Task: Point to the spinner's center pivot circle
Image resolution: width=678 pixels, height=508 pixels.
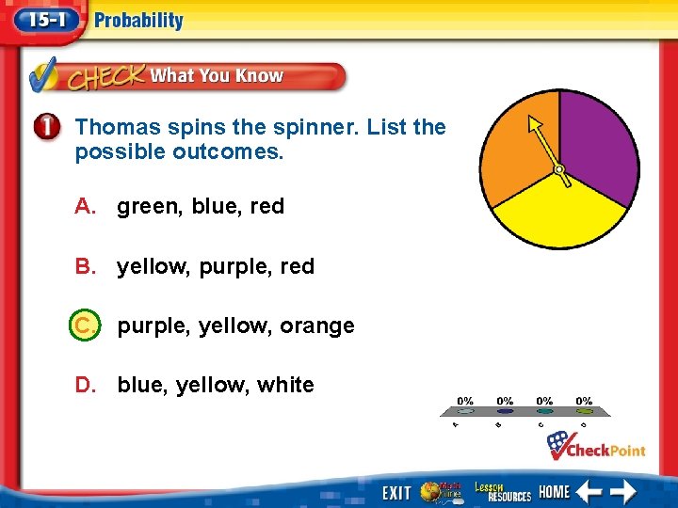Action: pos(559,170)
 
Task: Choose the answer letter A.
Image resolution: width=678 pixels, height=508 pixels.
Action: pos(85,206)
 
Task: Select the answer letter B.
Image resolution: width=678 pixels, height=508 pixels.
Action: pos(85,266)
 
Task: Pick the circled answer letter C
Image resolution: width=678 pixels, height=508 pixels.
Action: pos(84,326)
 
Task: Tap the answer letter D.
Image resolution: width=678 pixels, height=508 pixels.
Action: pos(85,385)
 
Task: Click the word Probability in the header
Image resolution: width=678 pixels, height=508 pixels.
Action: pos(138,21)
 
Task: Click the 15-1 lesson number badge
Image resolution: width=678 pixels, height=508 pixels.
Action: pos(43,21)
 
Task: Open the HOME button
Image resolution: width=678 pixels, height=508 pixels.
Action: pos(555,491)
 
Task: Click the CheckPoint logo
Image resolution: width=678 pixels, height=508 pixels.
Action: pos(597,446)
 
